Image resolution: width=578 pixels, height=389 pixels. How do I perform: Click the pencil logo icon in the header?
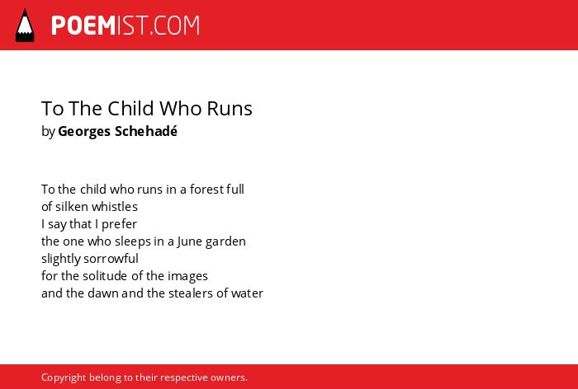click(x=25, y=26)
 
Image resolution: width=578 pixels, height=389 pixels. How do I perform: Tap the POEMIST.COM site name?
click(x=126, y=26)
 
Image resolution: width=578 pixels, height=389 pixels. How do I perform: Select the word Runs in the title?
click(x=230, y=108)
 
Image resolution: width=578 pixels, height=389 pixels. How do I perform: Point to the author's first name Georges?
click(x=84, y=131)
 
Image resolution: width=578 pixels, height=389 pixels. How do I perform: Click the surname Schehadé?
click(x=146, y=131)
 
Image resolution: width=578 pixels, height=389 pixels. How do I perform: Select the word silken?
click(x=72, y=207)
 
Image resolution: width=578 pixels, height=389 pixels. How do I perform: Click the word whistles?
click(x=115, y=207)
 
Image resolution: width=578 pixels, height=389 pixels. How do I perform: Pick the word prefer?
click(x=119, y=224)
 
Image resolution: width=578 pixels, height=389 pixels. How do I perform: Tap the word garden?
click(x=225, y=241)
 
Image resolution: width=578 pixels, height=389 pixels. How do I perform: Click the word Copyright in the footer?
click(x=64, y=377)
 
